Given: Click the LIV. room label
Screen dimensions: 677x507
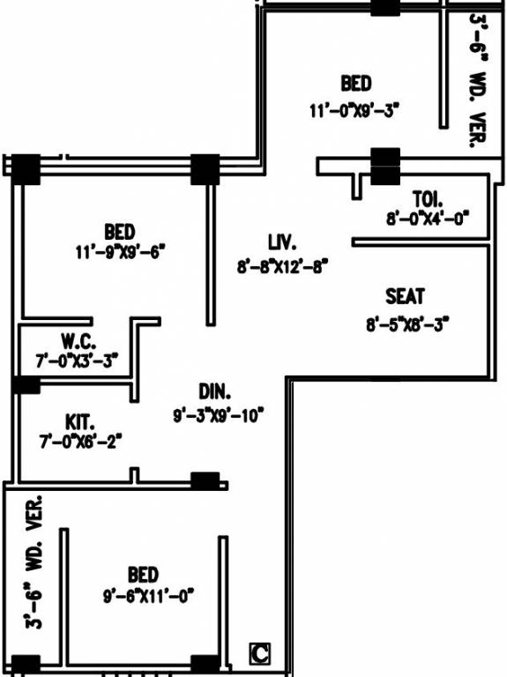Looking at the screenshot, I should coord(281,241).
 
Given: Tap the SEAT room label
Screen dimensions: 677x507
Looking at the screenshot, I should coord(405,296).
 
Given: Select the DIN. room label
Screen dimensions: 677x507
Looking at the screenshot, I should coord(213,391).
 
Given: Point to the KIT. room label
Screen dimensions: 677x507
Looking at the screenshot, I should coord(80,420).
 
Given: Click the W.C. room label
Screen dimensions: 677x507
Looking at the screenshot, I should coord(78,339).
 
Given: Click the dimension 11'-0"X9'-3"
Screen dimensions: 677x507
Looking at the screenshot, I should coord(355,110).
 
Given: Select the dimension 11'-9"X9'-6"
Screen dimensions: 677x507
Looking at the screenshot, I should coord(120,252).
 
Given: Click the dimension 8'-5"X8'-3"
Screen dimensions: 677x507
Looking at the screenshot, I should coord(407,324).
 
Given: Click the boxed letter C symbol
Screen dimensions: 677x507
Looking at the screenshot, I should coord(259,653).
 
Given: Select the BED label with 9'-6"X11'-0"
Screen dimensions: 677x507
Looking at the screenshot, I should coord(143,575).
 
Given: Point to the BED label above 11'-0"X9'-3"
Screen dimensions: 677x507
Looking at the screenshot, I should coord(356,84).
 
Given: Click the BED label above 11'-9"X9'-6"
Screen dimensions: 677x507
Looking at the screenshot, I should coord(120,232).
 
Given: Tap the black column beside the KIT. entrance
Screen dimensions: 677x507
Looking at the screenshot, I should coord(205,481).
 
